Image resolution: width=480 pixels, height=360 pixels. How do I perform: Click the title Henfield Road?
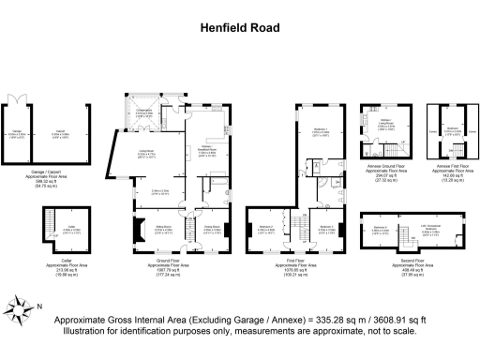(x=240, y=28)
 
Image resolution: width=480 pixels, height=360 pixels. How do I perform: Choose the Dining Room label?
(x=198, y=227)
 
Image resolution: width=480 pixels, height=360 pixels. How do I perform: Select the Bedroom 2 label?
(x=267, y=227)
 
